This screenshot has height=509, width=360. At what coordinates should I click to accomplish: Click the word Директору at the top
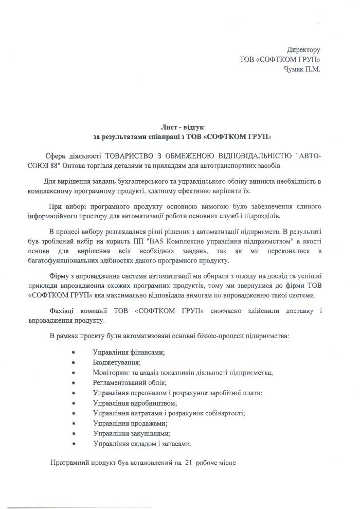pyautogui.click(x=303, y=50)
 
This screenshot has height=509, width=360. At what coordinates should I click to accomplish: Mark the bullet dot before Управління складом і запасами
pyautogui.click(x=74, y=444)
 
